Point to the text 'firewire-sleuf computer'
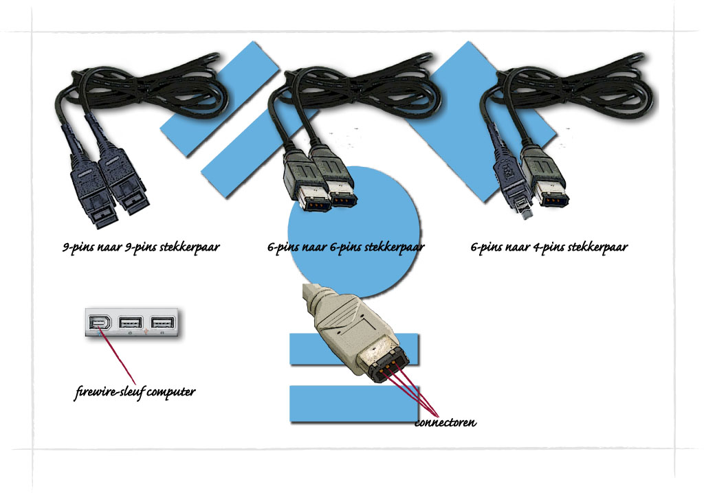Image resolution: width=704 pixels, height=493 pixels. [135, 393]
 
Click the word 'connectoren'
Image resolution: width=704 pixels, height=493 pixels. [445, 422]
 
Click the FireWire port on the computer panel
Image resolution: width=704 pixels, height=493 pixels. [97, 323]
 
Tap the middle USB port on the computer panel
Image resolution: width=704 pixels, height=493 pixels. [130, 323]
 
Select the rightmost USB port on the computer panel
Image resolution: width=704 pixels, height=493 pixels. [162, 323]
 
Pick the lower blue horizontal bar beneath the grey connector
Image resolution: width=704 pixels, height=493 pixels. [355, 404]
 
